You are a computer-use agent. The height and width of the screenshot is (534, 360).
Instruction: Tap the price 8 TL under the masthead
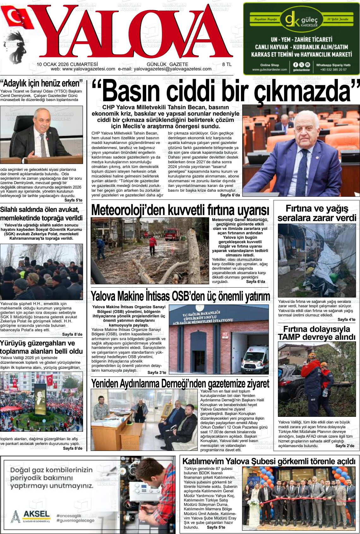click(227, 64)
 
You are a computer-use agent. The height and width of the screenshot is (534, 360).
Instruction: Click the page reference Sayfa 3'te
click(157, 373)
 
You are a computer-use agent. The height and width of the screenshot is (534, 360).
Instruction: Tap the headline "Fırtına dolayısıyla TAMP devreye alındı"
click(317, 333)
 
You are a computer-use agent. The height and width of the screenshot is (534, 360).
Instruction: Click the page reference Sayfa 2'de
click(345, 446)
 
